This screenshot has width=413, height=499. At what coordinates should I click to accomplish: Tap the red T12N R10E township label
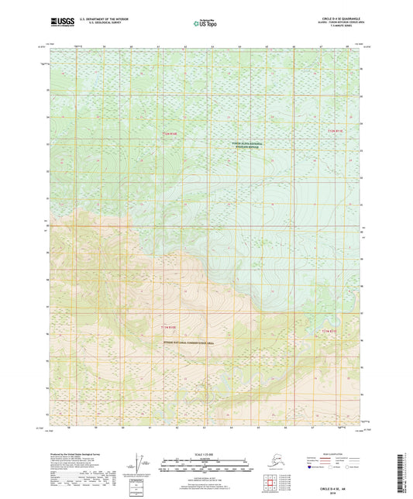coord(170,134)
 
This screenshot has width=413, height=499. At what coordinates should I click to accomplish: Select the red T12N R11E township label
coord(334,132)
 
